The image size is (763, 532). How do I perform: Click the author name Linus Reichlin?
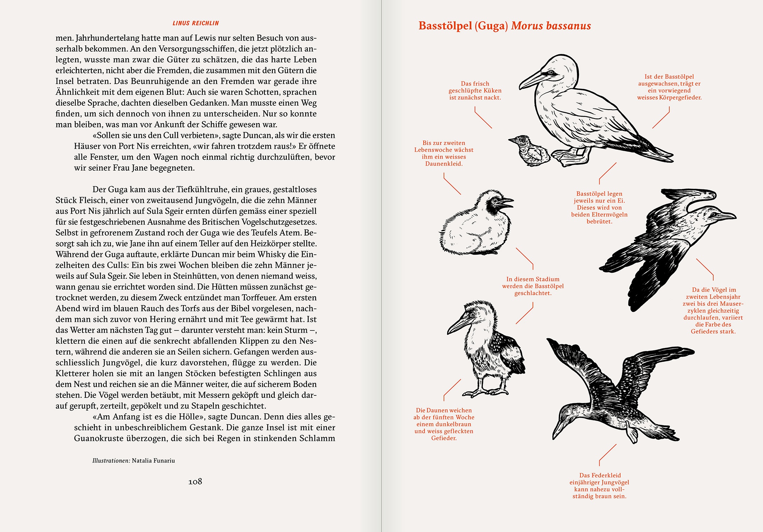click(195, 23)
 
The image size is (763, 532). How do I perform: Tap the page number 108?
click(195, 481)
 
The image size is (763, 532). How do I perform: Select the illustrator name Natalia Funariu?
click(153, 461)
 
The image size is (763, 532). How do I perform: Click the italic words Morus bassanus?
click(551, 26)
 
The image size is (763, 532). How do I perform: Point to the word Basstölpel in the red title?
click(445, 26)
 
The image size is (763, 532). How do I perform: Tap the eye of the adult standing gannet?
click(551, 72)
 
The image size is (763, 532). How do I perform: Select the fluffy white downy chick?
click(475, 225)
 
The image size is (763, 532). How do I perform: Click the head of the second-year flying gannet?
click(716, 216)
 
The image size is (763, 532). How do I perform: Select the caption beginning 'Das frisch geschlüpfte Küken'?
click(475, 90)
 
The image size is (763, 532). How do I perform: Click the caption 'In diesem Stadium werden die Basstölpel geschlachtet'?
click(533, 286)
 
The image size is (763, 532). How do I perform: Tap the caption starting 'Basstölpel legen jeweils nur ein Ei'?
click(599, 207)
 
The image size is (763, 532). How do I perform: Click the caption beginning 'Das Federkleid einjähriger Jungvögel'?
click(599, 486)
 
